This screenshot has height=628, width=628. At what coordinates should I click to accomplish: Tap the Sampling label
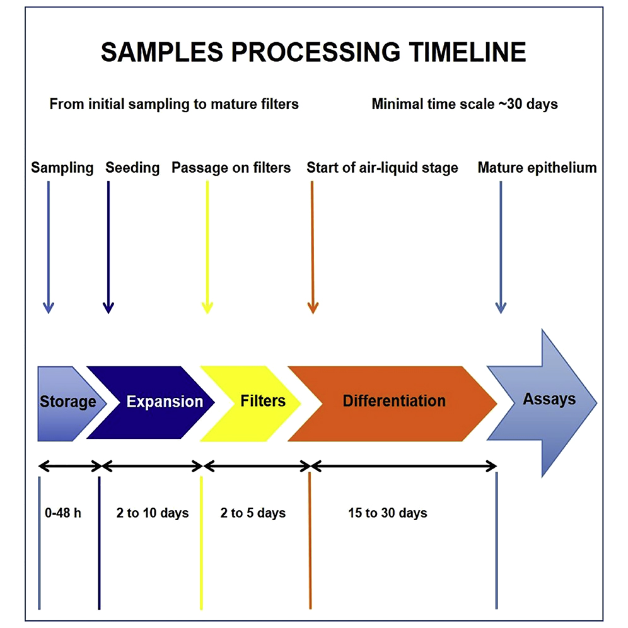(x=62, y=168)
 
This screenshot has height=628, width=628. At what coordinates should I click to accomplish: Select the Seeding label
(x=132, y=168)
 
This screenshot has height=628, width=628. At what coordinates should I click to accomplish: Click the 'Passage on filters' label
(x=231, y=168)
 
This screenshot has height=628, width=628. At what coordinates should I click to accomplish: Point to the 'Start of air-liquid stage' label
(x=382, y=168)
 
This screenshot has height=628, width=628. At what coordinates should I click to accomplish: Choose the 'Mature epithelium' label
(x=537, y=168)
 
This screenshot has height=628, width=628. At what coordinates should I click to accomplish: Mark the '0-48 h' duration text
(x=60, y=513)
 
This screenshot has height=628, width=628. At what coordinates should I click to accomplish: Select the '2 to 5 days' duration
(x=253, y=513)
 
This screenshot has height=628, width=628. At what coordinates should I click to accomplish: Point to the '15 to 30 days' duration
(x=387, y=513)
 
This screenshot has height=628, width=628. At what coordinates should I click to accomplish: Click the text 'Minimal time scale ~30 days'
(x=465, y=104)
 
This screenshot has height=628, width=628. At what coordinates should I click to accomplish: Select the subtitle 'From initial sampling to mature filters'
(x=174, y=104)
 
